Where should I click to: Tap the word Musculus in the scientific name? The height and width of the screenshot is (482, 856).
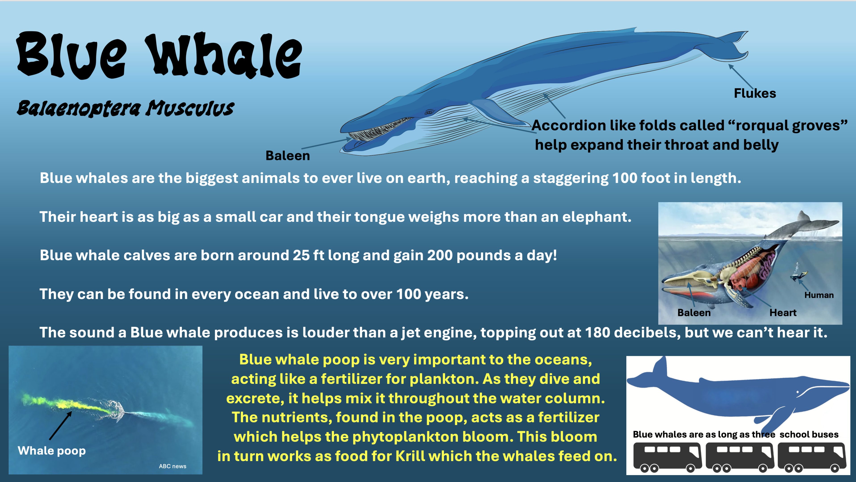tap(191, 108)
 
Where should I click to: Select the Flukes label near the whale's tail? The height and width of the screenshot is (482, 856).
tap(755, 93)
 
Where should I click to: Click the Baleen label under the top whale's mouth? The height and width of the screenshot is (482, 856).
tap(287, 155)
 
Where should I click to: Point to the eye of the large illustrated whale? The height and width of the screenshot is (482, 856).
tap(429, 112)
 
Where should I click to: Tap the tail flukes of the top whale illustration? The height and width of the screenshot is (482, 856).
tap(733, 46)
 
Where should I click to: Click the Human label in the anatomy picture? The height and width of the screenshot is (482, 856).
tap(819, 295)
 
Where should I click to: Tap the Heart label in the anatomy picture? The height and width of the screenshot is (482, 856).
tap(783, 313)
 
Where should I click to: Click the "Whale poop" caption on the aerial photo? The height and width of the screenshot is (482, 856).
tap(52, 451)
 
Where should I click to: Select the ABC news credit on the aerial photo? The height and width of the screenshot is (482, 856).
tap(172, 466)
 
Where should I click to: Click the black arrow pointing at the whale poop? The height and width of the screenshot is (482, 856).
tap(61, 426)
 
